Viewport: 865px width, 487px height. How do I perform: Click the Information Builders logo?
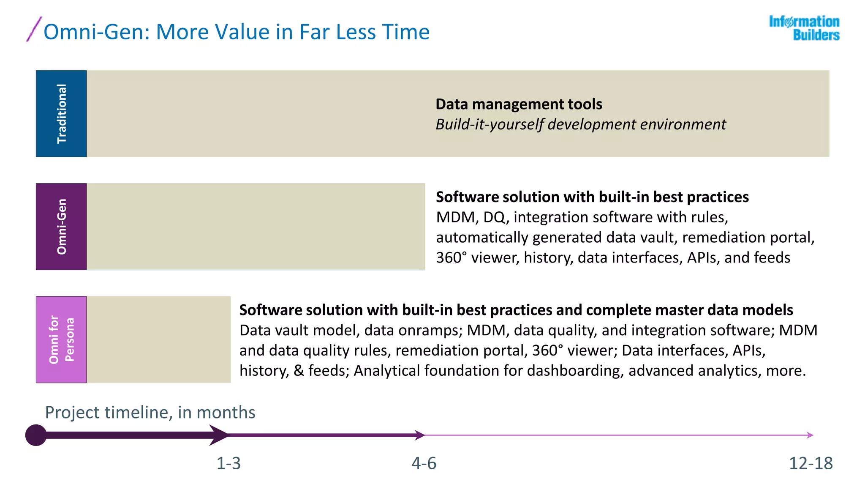[x=804, y=28]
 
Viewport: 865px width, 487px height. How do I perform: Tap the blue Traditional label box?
[x=61, y=114]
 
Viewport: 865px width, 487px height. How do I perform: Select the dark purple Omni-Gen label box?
[x=61, y=227]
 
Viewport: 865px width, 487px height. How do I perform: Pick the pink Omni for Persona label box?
[x=61, y=339]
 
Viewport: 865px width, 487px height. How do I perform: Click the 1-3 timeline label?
[x=228, y=463]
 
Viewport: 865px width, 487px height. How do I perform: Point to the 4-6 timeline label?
[x=424, y=463]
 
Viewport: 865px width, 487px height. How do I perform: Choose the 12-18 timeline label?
[x=811, y=463]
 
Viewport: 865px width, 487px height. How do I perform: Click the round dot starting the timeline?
[x=36, y=435]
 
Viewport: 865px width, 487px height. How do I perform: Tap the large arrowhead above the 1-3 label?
[x=219, y=435]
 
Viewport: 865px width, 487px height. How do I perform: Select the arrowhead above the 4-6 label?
[x=419, y=435]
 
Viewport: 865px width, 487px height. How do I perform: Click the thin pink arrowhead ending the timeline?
[x=810, y=435]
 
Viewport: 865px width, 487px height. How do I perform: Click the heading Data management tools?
[x=519, y=104]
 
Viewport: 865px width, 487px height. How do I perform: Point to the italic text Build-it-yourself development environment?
[x=581, y=124]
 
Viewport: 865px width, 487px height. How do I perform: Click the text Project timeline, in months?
[x=150, y=412]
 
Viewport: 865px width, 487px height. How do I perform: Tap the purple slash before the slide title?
[x=34, y=29]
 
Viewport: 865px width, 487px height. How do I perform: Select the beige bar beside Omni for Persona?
[x=159, y=339]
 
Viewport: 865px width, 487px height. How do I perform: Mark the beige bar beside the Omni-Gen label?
[x=256, y=227]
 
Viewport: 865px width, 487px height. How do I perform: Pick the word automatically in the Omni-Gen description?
[x=482, y=238]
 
